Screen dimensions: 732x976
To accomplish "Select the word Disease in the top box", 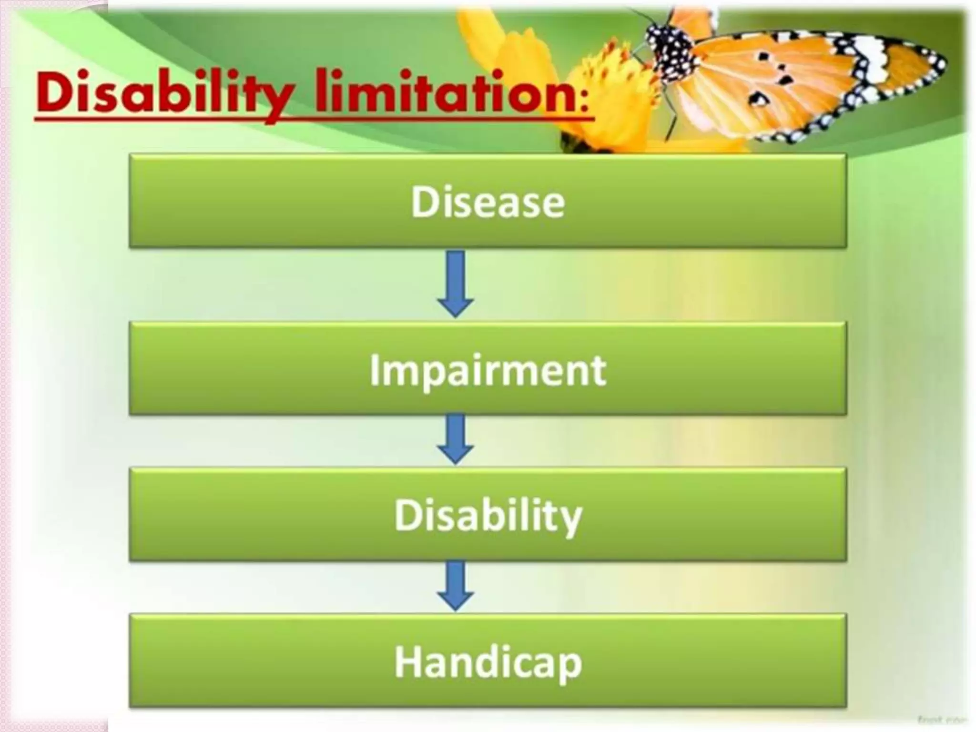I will (x=488, y=202).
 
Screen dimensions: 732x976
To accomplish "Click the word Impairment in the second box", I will (x=488, y=370).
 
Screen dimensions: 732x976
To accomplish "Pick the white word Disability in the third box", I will (x=488, y=516).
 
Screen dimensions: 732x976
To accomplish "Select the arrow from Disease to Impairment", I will (x=455, y=284).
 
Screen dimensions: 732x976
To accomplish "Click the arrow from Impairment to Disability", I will (x=455, y=439).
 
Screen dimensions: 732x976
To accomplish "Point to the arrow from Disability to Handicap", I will (x=455, y=586).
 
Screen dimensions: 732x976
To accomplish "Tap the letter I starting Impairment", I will (x=375, y=370).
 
